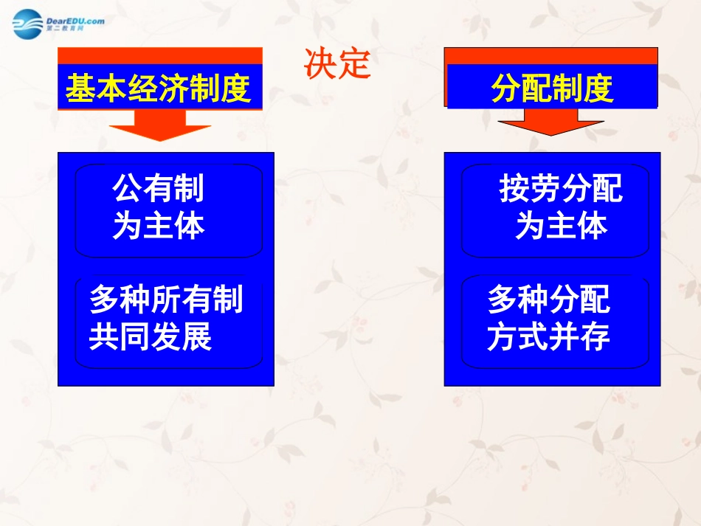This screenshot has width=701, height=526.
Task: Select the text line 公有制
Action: [158, 190]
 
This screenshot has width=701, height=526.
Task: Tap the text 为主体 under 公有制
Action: [158, 226]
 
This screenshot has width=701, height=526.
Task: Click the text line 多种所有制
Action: [166, 300]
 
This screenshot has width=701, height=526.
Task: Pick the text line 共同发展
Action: [151, 337]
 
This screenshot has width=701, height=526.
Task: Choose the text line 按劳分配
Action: [561, 190]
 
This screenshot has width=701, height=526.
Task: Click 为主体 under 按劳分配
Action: [561, 226]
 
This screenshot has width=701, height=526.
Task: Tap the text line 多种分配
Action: [549, 300]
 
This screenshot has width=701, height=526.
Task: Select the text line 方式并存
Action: [549, 337]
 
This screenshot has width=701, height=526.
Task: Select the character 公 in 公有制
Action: [127, 190]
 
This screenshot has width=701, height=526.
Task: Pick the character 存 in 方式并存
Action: [595, 337]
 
